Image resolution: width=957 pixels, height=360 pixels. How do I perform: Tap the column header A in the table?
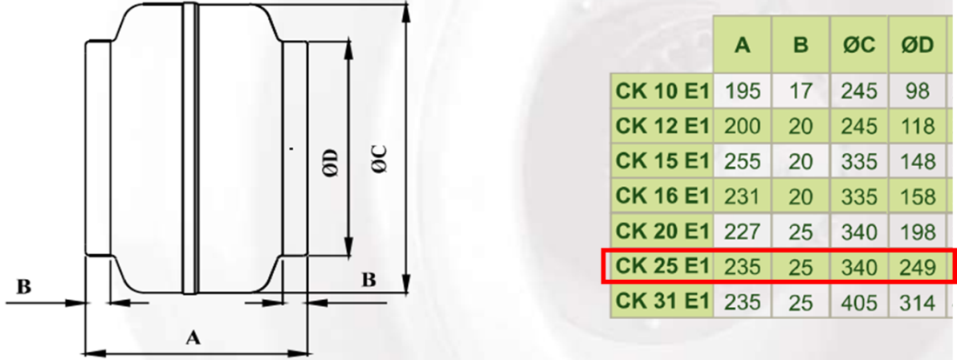pyautogui.click(x=742, y=45)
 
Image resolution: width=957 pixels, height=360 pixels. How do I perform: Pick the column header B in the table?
pyautogui.click(x=800, y=45)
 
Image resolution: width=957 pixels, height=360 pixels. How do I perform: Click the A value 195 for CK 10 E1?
pyautogui.click(x=742, y=90)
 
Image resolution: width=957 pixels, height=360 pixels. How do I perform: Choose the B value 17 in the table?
pyautogui.click(x=800, y=90)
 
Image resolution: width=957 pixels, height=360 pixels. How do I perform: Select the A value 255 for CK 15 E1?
pyautogui.click(x=742, y=161)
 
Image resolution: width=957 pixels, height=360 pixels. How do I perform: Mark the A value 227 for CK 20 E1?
pyautogui.click(x=742, y=232)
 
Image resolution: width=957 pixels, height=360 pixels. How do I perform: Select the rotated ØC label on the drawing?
pyautogui.click(x=380, y=160)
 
